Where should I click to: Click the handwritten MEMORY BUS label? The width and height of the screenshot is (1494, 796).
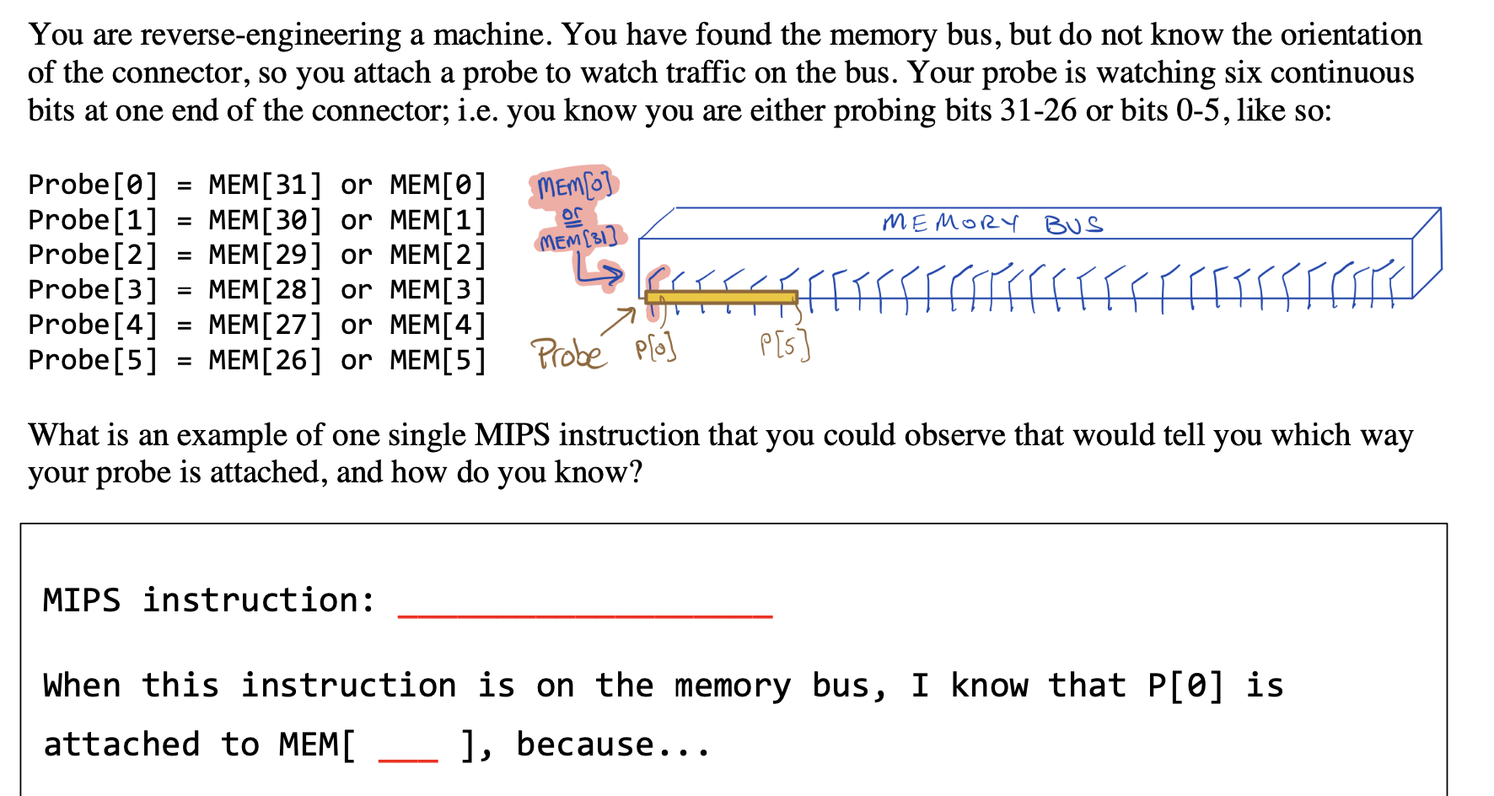point(992,223)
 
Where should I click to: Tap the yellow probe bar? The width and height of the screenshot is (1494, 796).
point(721,297)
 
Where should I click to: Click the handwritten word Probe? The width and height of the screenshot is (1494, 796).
point(567,354)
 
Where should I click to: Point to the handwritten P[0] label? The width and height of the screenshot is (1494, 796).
point(655,347)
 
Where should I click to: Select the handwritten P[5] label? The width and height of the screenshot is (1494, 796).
point(784,344)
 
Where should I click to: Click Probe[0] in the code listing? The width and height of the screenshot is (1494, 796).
point(93,185)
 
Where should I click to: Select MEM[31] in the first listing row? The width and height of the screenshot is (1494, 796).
point(266,185)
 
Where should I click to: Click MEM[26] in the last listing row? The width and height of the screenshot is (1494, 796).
point(266,360)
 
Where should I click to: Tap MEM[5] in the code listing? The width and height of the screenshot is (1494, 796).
point(438,360)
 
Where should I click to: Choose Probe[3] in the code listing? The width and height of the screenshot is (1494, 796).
point(93,290)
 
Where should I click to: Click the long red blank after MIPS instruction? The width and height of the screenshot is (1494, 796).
point(584,615)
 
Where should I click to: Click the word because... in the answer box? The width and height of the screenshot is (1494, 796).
point(613,745)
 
